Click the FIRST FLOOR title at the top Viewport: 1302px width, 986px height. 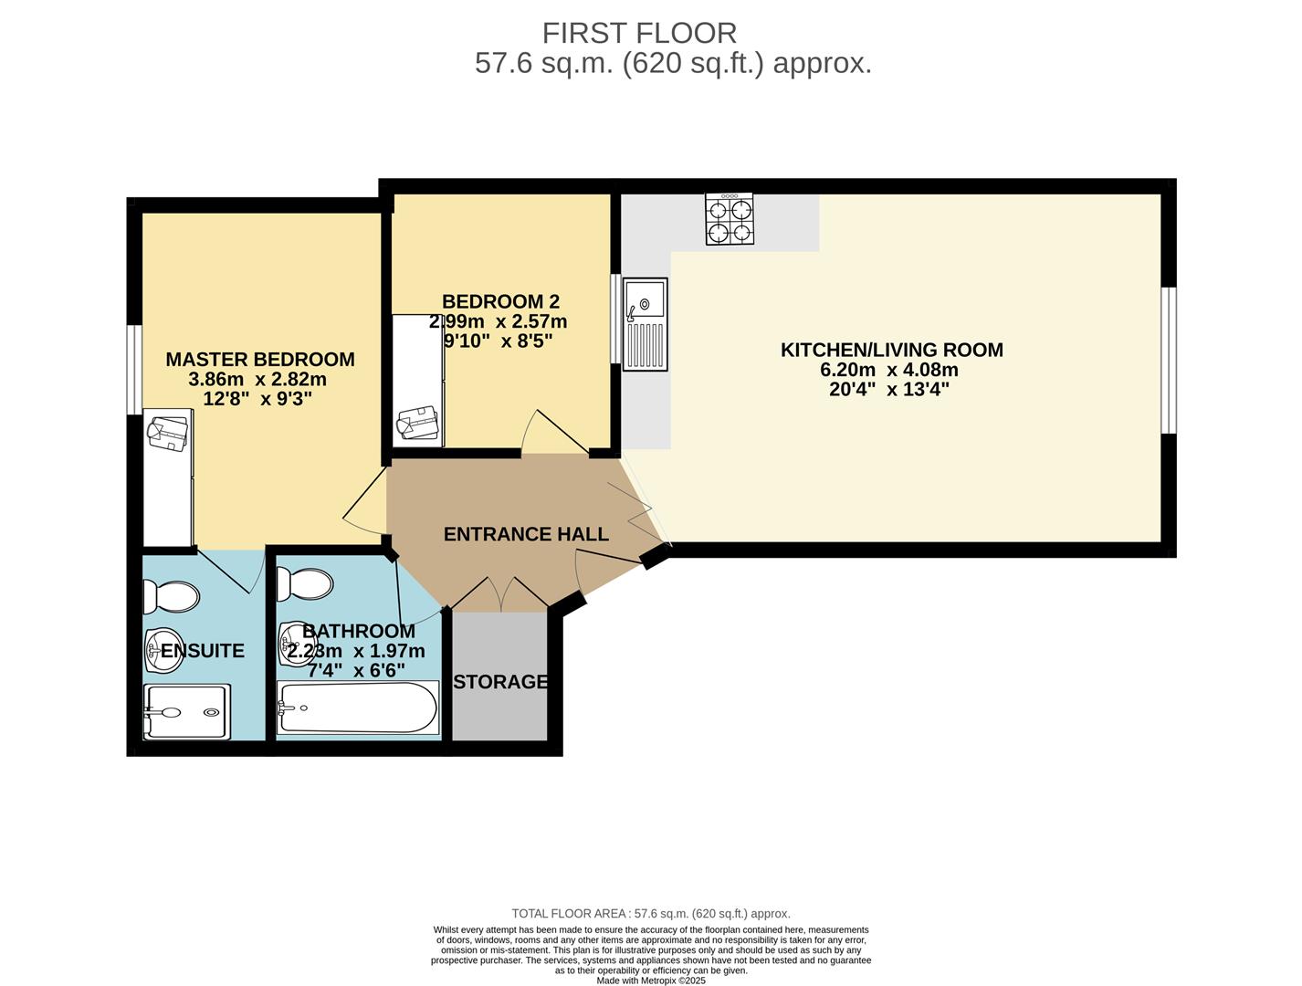coord(639,33)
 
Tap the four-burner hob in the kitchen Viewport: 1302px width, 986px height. coord(730,219)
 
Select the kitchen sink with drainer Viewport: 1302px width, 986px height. coord(646,324)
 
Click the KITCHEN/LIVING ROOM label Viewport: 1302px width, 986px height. coord(891,350)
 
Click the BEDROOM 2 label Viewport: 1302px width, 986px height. coord(500,301)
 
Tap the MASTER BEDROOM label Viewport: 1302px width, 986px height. coord(260,360)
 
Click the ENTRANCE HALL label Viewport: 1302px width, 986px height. coord(526,534)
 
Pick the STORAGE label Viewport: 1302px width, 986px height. coord(500,682)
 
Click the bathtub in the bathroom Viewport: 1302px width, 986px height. coord(358,708)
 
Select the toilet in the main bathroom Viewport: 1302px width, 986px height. coord(305,583)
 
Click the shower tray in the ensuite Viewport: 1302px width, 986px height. coord(186,712)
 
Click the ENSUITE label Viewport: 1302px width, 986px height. coord(203,651)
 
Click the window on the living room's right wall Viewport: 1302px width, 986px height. coord(1169,360)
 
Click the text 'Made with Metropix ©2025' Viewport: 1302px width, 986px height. coord(650,981)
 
